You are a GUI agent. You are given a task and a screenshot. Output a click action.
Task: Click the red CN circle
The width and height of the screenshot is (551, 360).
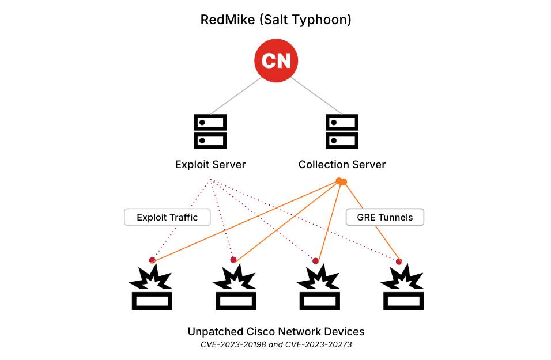click(276, 60)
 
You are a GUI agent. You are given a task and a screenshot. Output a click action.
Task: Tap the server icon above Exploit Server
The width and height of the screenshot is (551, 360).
click(210, 131)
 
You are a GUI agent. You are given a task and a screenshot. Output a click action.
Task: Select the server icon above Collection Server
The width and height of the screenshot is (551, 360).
click(342, 131)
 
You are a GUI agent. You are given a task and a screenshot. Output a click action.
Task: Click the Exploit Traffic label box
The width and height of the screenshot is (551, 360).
click(167, 217)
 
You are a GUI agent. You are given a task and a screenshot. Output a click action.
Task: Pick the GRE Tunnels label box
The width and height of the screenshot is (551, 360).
click(384, 217)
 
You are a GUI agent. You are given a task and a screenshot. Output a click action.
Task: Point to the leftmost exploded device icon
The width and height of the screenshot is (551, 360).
click(152, 287)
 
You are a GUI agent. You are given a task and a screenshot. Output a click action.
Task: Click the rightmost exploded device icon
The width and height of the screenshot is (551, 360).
click(403, 287)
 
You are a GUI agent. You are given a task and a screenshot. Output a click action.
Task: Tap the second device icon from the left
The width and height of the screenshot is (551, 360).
click(235, 287)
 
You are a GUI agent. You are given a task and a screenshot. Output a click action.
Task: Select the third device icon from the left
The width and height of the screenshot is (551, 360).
click(319, 287)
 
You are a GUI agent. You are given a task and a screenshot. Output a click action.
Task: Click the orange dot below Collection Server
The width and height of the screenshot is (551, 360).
click(341, 182)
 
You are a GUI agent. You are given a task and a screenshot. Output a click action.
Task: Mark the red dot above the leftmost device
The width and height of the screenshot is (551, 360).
click(152, 260)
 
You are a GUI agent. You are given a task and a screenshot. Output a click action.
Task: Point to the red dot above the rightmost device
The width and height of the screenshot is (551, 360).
click(399, 262)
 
